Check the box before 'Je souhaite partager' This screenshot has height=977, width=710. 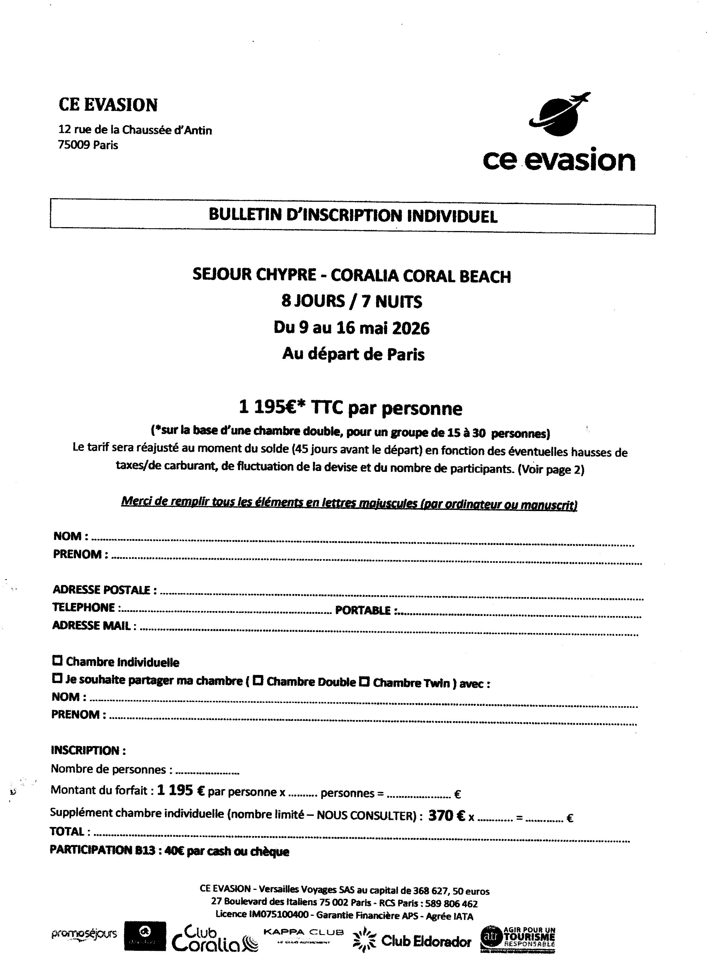click(57, 679)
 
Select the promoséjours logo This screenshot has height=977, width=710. click(84, 935)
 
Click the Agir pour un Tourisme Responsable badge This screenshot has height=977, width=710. click(518, 939)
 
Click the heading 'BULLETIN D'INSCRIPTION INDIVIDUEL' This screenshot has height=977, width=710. click(353, 215)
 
